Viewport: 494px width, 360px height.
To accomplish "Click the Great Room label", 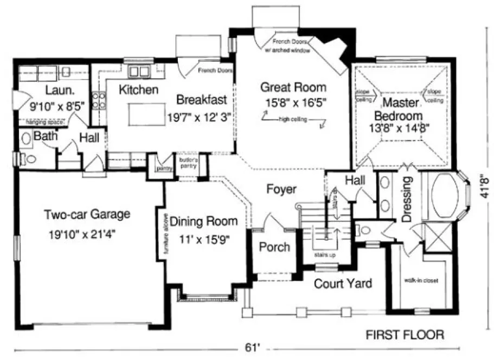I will coord(293,87).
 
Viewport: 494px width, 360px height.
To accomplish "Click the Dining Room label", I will coord(203,221).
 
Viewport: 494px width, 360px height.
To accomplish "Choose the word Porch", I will coord(274,247).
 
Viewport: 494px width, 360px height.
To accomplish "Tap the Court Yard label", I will coord(343,283).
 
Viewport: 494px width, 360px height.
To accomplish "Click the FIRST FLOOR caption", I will coord(405,335).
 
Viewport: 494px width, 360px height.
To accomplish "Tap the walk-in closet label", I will coord(420,281).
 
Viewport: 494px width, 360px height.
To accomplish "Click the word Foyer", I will coord(281,189).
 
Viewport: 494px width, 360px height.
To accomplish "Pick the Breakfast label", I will coord(201,100).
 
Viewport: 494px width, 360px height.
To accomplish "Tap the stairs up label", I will coord(325,253).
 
